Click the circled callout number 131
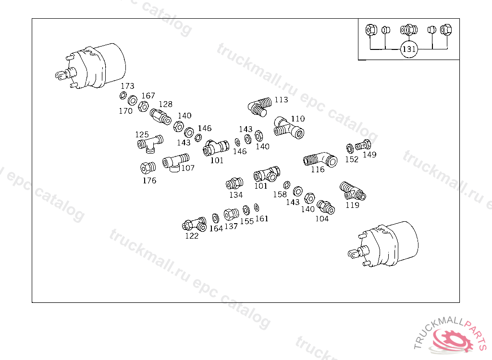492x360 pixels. pos(409,49)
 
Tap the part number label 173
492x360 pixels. pos(127,86)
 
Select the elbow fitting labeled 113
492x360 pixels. pos(259,107)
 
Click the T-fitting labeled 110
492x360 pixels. pos(289,128)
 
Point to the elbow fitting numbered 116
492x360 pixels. pos(320,160)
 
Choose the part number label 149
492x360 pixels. pos(369,155)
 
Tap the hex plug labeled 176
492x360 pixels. pos(148,168)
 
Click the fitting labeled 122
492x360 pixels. pos(195,224)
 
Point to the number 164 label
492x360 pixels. pos(216,228)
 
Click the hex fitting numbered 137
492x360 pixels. pos(231,215)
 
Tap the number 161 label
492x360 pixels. pos(262,218)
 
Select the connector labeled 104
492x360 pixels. pos(326,207)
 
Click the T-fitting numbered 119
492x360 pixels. pos(353,191)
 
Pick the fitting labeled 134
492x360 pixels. pos(234,183)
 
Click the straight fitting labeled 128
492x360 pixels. pos(160,117)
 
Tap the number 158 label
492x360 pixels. pos(280,194)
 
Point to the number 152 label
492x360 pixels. pos(351,159)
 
